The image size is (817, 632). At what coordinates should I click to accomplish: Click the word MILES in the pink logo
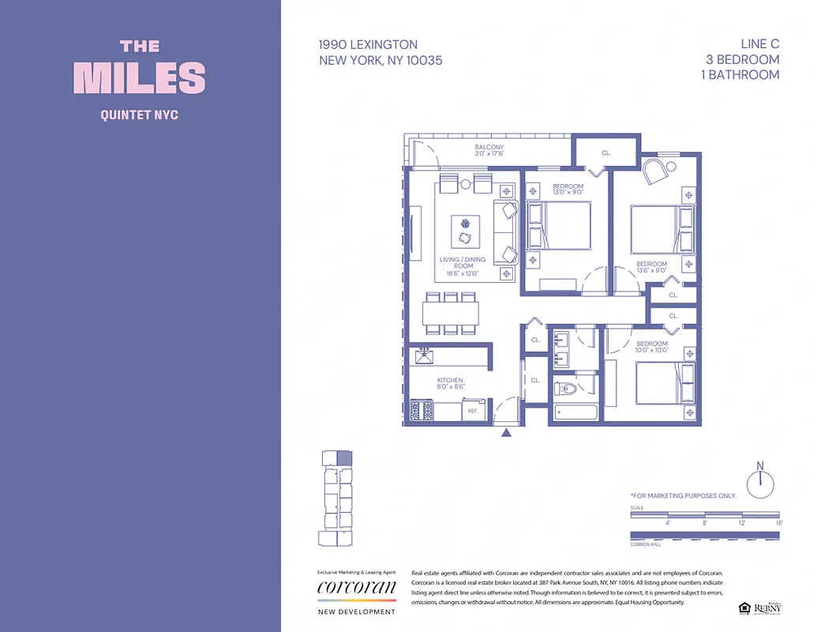[140, 78]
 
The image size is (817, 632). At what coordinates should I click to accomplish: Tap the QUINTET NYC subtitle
[140, 115]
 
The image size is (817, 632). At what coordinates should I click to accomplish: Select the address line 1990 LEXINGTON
[369, 45]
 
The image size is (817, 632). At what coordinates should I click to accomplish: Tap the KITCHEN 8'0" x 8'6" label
[450, 383]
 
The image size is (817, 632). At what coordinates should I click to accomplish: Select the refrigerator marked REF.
[472, 411]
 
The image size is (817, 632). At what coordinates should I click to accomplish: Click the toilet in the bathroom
[566, 388]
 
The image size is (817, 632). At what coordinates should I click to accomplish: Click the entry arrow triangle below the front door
[507, 432]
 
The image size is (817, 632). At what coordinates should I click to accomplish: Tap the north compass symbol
[760, 482]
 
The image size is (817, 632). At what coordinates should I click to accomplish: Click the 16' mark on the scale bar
[778, 522]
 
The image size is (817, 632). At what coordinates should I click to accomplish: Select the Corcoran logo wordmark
[356, 588]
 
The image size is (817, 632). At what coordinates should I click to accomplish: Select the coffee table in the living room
[464, 230]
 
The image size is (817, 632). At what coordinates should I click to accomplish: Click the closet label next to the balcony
[606, 153]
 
